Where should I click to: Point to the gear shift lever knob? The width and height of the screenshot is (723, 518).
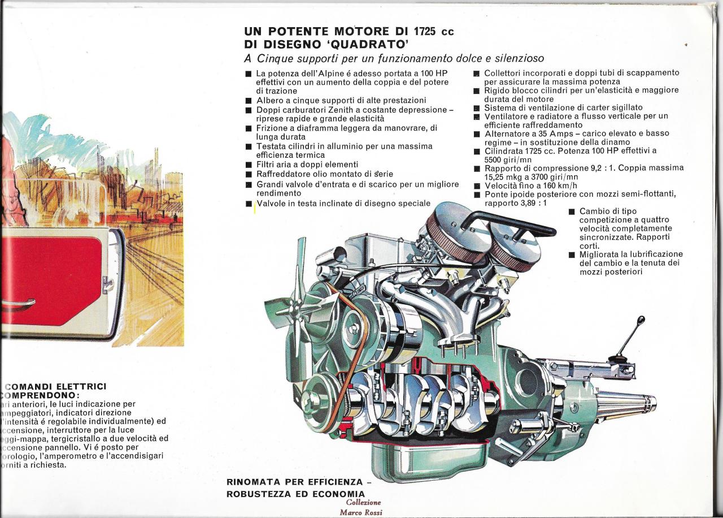(641, 321)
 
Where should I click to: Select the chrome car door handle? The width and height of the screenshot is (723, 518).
(17, 304)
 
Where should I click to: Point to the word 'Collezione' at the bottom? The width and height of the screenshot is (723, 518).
(363, 503)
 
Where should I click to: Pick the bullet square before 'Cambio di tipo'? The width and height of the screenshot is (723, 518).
(572, 212)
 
